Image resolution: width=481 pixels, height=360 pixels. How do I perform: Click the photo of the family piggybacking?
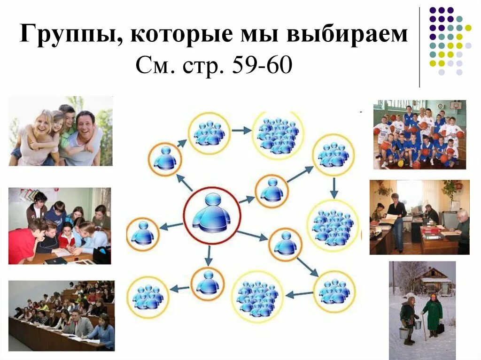[61, 131]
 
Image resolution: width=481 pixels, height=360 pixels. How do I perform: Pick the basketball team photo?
[420, 134]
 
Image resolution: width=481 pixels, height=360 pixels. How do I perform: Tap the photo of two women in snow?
[422, 310]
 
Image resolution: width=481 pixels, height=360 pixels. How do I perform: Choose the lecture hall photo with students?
[61, 315]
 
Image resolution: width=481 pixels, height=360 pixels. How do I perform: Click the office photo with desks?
[419, 217]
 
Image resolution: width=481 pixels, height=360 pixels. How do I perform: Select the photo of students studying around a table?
[60, 226]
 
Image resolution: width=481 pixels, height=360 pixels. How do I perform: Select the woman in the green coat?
[433, 314]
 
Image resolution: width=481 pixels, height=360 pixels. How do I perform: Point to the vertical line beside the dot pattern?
[419, 47]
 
